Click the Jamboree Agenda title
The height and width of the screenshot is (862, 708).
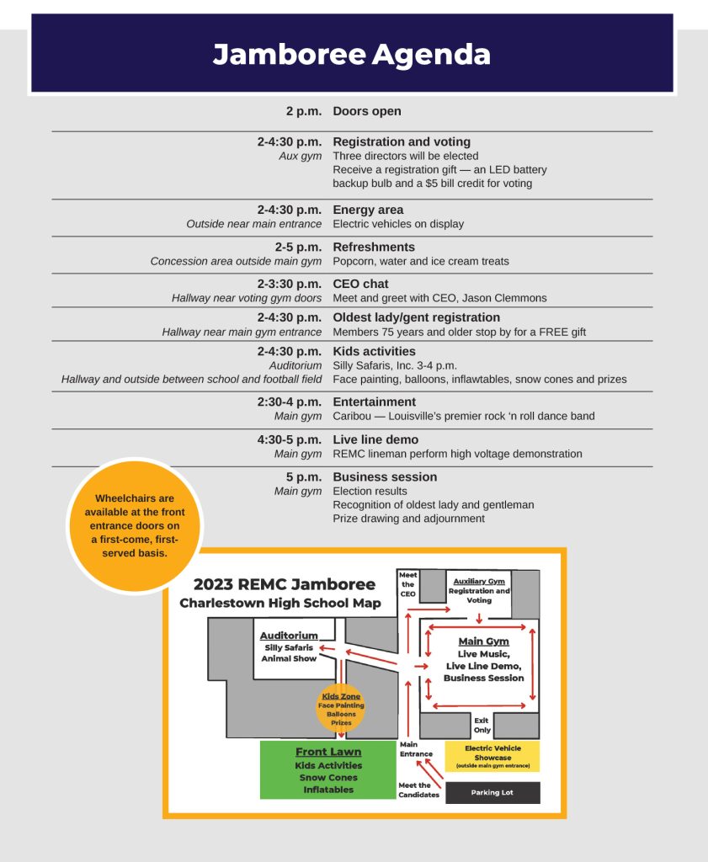click(352, 55)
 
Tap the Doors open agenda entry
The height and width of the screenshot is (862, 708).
click(367, 111)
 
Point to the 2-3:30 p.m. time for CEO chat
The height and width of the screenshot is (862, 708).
click(288, 284)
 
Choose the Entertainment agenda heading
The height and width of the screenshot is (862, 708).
click(374, 402)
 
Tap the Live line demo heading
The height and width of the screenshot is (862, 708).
click(375, 439)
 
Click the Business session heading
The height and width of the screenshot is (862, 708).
click(385, 476)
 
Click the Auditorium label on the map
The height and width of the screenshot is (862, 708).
click(289, 636)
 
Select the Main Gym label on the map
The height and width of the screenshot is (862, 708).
click(483, 641)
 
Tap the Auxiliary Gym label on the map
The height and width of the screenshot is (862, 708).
click(479, 582)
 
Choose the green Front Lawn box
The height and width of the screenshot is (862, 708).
click(328, 769)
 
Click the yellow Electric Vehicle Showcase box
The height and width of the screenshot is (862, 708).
click(492, 756)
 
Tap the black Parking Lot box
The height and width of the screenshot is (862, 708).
click(492, 793)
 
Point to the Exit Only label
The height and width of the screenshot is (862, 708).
click(481, 726)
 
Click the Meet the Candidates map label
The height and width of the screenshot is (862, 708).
click(418, 790)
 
